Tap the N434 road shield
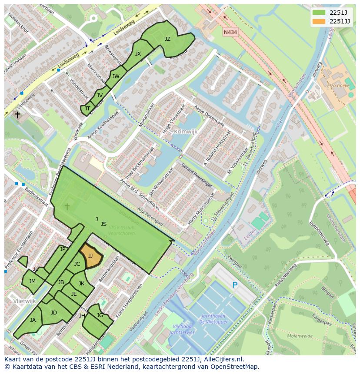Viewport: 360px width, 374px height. [x=230, y=32]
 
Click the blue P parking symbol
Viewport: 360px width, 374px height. [x=235, y=285]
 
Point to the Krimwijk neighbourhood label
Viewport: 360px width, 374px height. [x=186, y=131]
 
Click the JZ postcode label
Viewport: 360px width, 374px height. [x=167, y=39]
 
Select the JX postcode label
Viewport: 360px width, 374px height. [x=138, y=54]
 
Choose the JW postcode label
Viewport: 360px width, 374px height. [x=116, y=76]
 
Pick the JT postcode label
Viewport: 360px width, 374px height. [x=87, y=109]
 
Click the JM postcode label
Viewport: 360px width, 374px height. [x=32, y=281]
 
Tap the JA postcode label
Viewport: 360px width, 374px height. [x=33, y=320]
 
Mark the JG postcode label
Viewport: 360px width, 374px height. [x=100, y=315]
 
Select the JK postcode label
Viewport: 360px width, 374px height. [x=81, y=284]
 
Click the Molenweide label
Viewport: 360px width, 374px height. [x=300, y=336]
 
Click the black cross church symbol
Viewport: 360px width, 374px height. [x=17, y=115]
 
